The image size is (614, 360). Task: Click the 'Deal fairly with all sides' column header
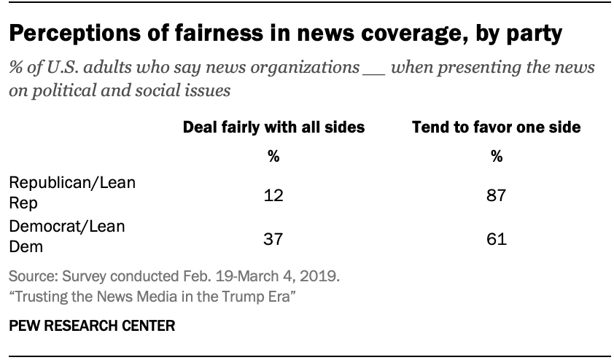[273, 128]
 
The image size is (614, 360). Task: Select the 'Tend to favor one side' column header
[497, 128]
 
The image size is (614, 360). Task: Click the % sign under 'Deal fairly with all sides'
[273, 155]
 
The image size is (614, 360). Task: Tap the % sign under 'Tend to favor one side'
[497, 155]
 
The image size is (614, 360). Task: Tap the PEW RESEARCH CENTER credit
[92, 326]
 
